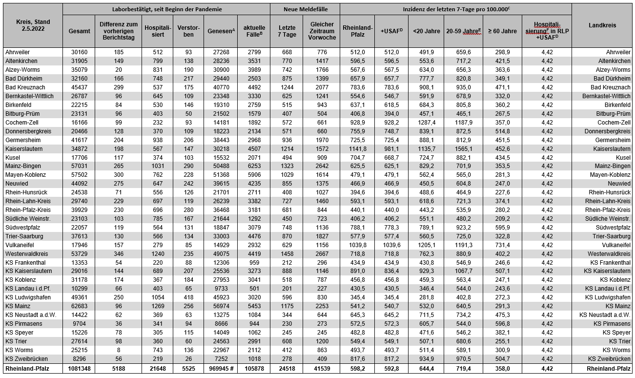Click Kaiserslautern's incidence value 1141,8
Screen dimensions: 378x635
pyautogui.click(x=358, y=148)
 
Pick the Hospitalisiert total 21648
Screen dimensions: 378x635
pyautogui.click(x=157, y=368)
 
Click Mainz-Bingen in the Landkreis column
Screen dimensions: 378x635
pyautogui.click(x=610, y=166)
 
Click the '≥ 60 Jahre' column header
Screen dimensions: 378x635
pyautogui.click(x=502, y=31)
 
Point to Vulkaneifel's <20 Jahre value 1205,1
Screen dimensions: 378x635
pyautogui.click(x=426, y=245)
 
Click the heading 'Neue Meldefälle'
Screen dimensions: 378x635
pyautogui.click(x=305, y=9)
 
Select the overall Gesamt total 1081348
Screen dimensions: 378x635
pyautogui.click(x=79, y=368)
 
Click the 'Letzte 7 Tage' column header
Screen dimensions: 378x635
pyautogui.click(x=287, y=31)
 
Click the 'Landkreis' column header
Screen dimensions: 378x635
pyautogui.click(x=602, y=25)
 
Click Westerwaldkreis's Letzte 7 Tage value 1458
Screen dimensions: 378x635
pyautogui.click(x=287, y=254)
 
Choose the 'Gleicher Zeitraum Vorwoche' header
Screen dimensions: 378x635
pyautogui.click(x=322, y=31)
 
